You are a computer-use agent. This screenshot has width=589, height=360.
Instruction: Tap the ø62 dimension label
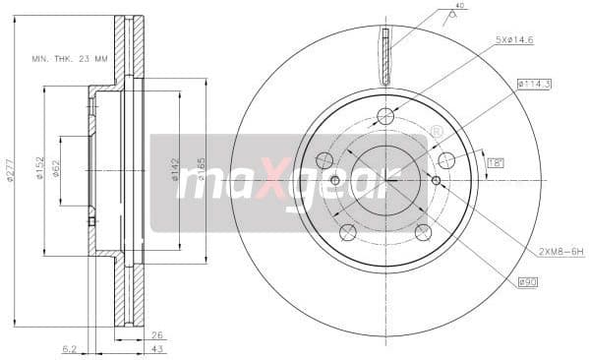(x=57, y=170)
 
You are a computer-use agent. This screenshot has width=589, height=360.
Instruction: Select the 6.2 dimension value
(x=68, y=348)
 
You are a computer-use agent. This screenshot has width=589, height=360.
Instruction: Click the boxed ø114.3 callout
(x=533, y=85)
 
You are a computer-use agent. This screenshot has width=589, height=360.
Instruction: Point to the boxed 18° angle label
(x=494, y=163)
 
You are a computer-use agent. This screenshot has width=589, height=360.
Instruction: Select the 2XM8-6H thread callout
(x=560, y=251)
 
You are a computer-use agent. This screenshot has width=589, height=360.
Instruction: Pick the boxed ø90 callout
(x=528, y=282)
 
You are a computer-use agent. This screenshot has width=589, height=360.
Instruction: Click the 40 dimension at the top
(x=459, y=7)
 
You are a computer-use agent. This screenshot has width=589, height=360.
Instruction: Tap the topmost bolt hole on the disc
(x=385, y=116)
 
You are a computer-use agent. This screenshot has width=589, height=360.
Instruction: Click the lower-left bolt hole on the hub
(x=347, y=232)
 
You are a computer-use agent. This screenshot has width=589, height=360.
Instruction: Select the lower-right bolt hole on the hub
(x=423, y=232)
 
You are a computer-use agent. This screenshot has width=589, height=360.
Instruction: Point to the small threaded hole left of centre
(x=334, y=180)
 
